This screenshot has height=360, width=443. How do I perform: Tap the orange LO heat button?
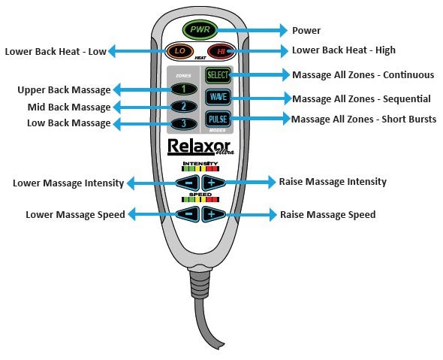pos(179,53)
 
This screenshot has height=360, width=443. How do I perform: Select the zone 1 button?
pos(182,89)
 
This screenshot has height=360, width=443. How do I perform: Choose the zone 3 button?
pos(182,123)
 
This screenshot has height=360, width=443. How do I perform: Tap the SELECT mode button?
pos(218,76)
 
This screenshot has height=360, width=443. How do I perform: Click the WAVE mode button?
pos(218,98)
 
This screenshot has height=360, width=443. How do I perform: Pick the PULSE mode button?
pos(218,119)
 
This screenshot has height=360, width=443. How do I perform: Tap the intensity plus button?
pos(213,183)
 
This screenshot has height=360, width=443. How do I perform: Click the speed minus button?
pos(188,214)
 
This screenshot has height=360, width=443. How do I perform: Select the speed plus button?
pos(213,214)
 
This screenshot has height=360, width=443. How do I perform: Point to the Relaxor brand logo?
pos(199,145)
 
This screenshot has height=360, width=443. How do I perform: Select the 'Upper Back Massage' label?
pos(64,90)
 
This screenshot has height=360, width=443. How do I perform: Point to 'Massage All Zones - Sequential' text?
pos(360,98)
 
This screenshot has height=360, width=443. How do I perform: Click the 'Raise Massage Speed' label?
pos(327,214)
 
